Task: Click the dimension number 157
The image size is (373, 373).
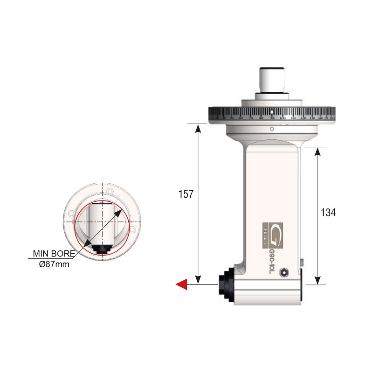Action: (186, 194)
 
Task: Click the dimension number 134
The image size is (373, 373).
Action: (328, 212)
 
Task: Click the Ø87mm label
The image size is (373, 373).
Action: (54, 264)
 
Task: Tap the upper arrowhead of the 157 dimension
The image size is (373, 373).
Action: (198, 128)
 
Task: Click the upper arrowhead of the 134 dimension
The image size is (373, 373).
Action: (318, 152)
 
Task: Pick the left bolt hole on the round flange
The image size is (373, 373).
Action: (72, 214)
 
